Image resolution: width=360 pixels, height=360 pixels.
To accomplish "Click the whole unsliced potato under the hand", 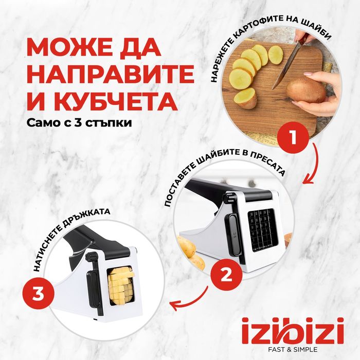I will point(306,90).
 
